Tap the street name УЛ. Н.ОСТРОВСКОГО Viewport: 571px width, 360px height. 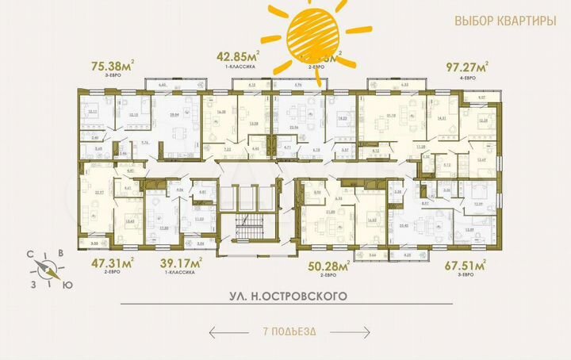tap(285, 296)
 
